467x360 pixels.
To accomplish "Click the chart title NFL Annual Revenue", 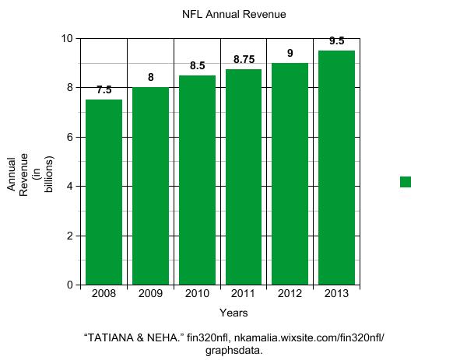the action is [234, 14].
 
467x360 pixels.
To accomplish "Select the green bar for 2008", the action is [104, 192].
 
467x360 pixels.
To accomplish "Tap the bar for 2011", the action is [244, 177].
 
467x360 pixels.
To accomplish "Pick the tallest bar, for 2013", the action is [336, 168].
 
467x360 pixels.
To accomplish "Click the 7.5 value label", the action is [104, 89].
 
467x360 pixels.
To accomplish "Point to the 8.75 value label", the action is [244, 59].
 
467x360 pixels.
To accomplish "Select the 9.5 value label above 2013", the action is [337, 40].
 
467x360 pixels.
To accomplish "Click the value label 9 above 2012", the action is [290, 53].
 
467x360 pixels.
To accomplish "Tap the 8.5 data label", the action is [198, 65].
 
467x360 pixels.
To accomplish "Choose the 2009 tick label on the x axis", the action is [150, 294].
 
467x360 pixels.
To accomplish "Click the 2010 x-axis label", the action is [197, 294].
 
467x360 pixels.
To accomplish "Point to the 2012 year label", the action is [290, 294].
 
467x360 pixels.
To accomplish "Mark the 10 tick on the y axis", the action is [67, 38].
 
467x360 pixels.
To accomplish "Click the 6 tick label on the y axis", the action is [70, 137].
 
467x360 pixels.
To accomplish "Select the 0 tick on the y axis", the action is [70, 285].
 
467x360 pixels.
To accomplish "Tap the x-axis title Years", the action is [233, 313].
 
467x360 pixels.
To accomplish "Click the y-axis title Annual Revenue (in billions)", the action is [30, 174].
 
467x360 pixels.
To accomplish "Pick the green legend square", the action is [406, 182].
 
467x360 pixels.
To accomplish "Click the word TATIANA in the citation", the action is [109, 337].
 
